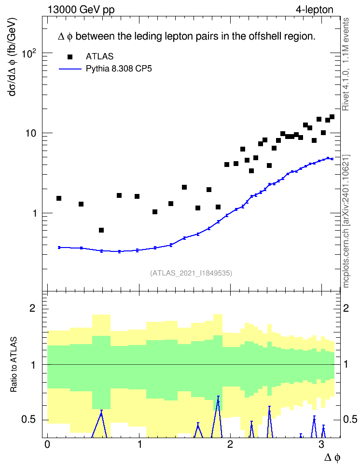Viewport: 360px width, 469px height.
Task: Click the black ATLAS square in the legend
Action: coord(70,56)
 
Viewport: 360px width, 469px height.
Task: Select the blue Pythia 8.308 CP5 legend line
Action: coord(70,69)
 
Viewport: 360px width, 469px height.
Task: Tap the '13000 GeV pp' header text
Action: coord(81,10)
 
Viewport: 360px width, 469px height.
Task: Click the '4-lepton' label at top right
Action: coord(314,10)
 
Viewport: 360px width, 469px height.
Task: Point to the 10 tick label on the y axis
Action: coord(31,133)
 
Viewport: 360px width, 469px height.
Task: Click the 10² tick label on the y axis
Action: coord(29,54)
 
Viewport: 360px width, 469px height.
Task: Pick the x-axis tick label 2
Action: coord(230,444)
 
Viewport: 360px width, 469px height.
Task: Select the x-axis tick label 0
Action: coord(47,444)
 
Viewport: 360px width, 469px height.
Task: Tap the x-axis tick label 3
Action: coord(321,444)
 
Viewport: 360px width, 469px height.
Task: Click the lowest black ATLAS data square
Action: coord(101,230)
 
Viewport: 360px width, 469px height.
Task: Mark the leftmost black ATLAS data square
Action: coord(59,198)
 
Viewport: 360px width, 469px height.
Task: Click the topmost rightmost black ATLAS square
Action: coord(332,117)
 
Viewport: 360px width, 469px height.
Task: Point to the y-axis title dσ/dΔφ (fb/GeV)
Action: coord(13,57)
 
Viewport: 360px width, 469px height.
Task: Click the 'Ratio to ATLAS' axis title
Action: coord(14,365)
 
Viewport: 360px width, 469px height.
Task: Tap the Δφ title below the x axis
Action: coord(332,457)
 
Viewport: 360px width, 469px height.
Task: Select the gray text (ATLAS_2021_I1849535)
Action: coord(191,273)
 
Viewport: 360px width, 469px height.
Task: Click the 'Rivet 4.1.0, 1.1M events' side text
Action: coord(346,64)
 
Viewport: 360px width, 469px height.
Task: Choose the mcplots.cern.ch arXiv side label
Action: coord(346,221)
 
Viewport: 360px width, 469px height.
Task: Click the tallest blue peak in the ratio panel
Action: coord(218,397)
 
